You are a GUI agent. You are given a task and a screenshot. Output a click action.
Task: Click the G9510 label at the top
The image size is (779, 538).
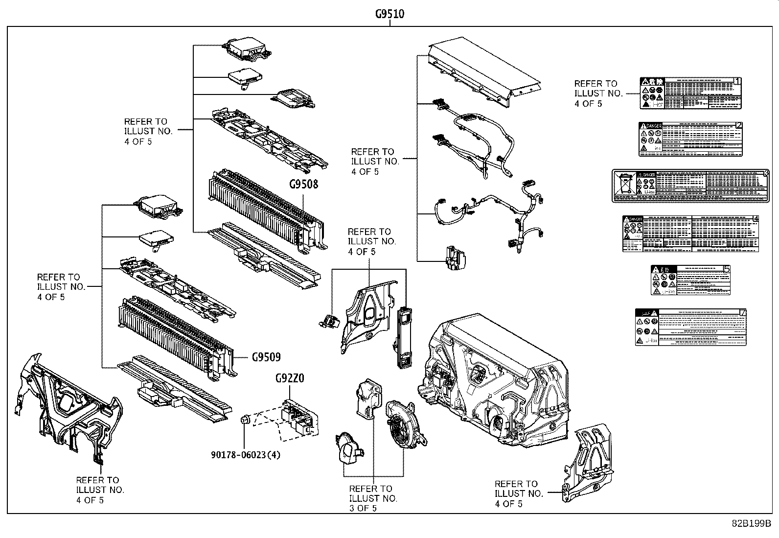[389, 14]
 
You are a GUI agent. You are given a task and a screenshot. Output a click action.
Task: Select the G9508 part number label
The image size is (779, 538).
[303, 185]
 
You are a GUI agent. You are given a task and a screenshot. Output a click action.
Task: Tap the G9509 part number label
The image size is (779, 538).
[266, 357]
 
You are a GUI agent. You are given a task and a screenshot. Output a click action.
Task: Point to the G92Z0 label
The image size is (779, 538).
[290, 378]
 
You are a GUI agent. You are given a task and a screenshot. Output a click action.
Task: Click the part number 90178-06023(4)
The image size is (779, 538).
[246, 455]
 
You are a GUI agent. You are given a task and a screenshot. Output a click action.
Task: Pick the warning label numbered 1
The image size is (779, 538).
[690, 93]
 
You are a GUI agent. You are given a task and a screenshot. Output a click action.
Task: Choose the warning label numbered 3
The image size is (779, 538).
[690, 186]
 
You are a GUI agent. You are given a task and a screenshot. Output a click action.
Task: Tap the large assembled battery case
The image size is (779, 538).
[494, 382]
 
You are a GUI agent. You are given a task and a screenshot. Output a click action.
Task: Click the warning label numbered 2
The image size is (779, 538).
[690, 140]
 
